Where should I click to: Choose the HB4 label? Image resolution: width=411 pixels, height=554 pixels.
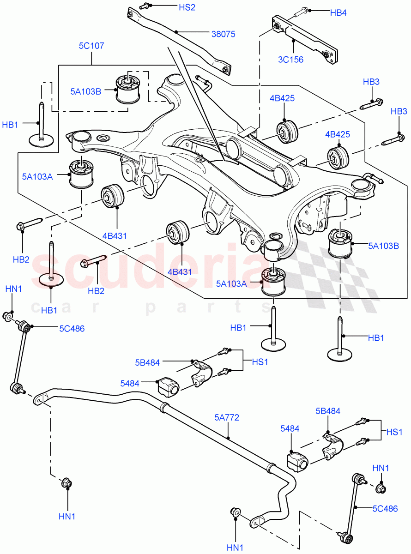point(338,13)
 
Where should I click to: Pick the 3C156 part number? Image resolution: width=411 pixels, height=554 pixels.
point(291,59)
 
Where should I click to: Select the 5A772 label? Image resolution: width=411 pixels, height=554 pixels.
point(227,418)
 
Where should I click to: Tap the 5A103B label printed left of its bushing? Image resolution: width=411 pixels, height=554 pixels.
point(86,91)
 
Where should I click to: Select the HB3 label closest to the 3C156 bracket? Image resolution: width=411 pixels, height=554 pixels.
point(371,82)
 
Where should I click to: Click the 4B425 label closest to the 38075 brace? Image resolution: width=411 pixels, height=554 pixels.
point(282,98)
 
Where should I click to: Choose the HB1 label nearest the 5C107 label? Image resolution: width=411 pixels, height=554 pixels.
point(11,125)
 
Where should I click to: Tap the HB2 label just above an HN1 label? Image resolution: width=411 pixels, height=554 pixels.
point(21,259)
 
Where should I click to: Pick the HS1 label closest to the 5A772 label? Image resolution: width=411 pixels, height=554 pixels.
point(260,362)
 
